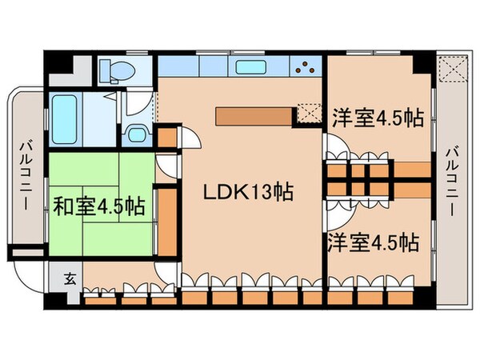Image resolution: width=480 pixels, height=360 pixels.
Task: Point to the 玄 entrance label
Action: point(70,280)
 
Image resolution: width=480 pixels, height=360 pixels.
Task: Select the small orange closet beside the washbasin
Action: point(166,136)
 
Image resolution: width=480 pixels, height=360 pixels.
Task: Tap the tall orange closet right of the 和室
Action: point(166,219)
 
